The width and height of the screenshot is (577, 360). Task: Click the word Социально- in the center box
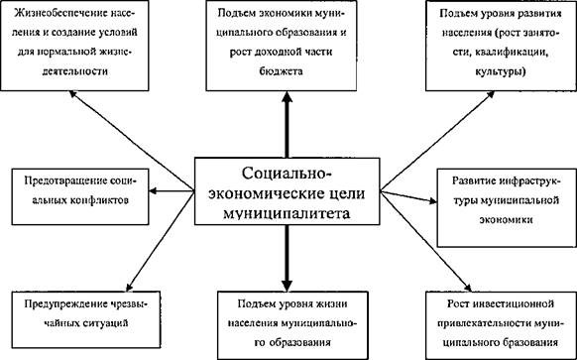coord(287,173)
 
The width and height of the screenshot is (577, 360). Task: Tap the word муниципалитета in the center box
coord(287,213)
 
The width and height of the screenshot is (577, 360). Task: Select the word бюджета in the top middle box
coord(282,70)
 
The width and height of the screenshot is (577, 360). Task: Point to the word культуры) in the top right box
coord(501,71)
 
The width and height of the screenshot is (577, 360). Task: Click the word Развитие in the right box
coord(475,181)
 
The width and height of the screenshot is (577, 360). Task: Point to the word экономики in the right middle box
coord(506,220)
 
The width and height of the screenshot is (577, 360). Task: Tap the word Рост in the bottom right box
coord(458,304)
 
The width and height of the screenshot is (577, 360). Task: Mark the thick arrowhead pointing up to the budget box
coord(287,97)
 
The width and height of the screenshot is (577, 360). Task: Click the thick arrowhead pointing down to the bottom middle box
coord(287,286)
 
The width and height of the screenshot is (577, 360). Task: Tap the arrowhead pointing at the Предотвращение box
coord(153,190)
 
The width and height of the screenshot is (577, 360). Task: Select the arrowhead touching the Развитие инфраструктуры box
coord(432,201)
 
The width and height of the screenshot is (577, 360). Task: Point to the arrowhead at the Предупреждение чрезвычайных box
coord(130,287)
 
